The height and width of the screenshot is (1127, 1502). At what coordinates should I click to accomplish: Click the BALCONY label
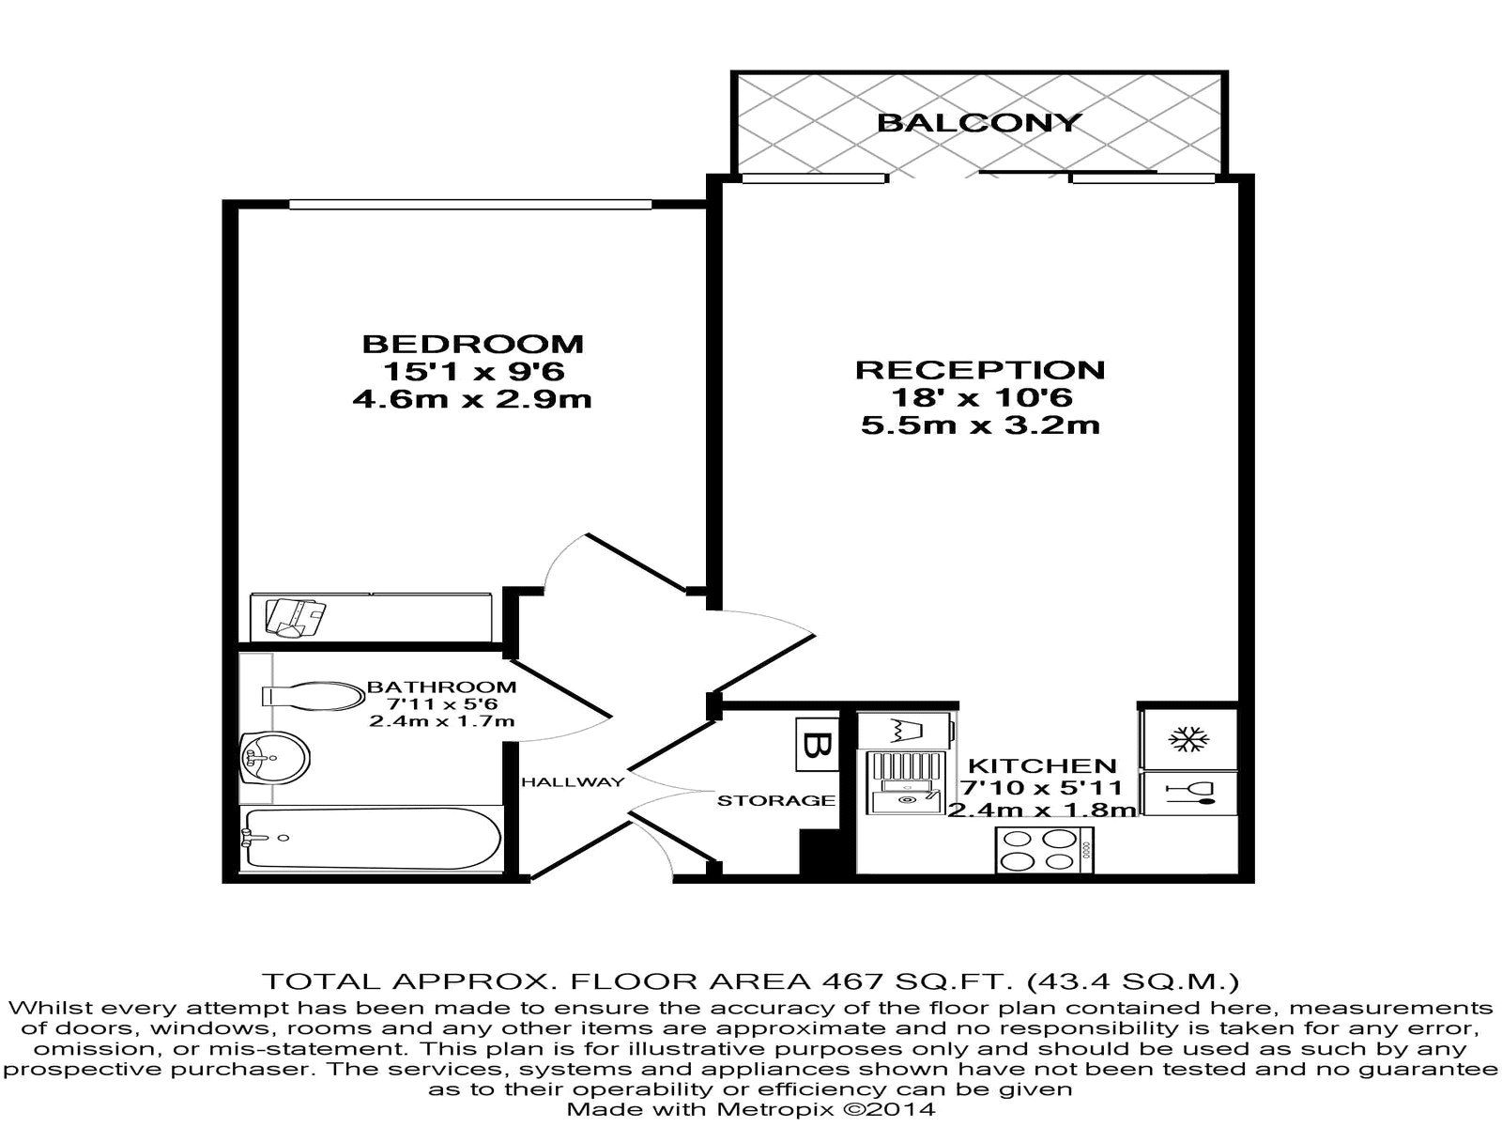979,122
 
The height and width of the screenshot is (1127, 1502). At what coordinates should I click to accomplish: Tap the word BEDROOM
472,344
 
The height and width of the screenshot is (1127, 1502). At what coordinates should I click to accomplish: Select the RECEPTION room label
980,369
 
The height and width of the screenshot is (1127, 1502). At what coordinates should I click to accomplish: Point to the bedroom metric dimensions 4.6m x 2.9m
472,399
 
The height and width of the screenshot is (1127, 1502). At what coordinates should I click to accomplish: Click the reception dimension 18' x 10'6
980,397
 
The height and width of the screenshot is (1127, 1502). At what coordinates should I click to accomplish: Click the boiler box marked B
816,745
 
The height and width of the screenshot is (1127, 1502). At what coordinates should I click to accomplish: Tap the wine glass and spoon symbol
1189,794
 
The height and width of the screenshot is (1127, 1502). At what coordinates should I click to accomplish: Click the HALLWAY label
573,781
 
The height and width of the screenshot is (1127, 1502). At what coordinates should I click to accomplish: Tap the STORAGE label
775,800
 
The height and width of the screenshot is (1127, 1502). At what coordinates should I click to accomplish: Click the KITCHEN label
1042,765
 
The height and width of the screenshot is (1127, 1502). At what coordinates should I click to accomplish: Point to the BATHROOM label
441,687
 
